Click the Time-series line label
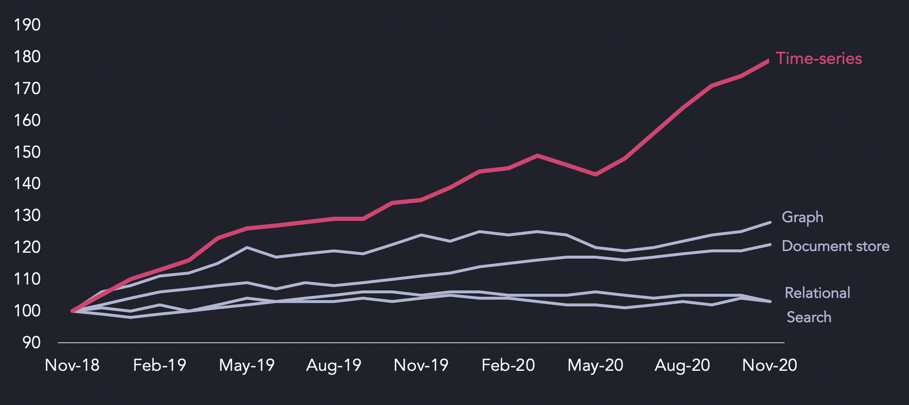(819, 59)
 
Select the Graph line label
(802, 217)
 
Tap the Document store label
(836, 246)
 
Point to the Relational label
(818, 293)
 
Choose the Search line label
(809, 317)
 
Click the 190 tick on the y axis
(27, 25)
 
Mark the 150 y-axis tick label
(27, 152)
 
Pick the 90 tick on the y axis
(32, 343)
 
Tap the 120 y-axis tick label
(27, 247)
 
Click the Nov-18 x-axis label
(72, 365)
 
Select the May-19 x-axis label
(247, 365)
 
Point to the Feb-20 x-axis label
(508, 365)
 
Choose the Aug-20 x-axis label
(682, 365)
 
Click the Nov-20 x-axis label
(769, 365)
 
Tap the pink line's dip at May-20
(595, 175)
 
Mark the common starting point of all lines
(72, 311)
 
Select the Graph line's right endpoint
(770, 222)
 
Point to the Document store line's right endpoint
(770, 245)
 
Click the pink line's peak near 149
(537, 155)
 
